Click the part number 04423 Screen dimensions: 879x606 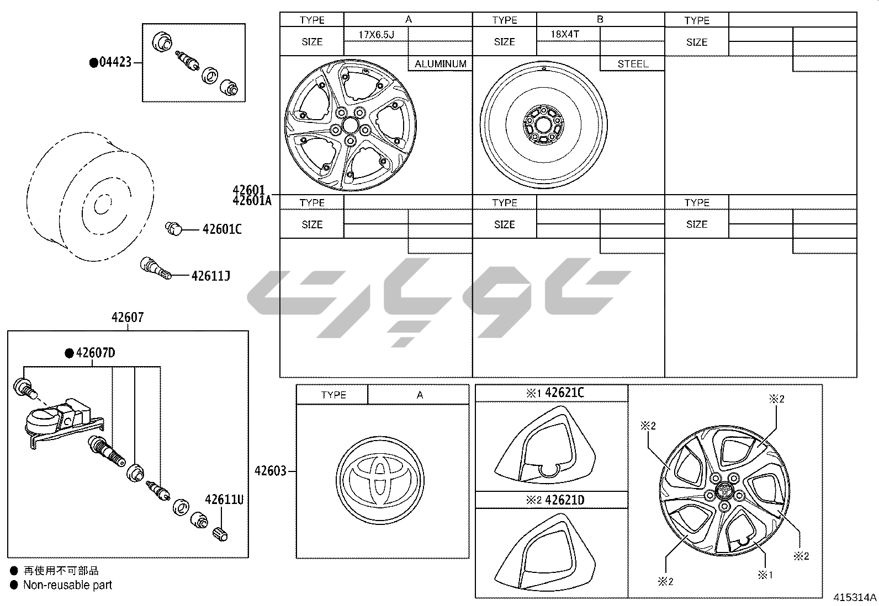[x=115, y=62]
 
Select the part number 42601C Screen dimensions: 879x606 [x=222, y=229]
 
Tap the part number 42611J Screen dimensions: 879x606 [x=211, y=276]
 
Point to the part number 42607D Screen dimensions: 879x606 [x=96, y=353]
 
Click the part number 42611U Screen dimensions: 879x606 [x=224, y=500]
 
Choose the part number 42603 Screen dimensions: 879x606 [x=271, y=471]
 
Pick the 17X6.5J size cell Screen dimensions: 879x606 [x=376, y=35]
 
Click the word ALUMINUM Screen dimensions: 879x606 [x=440, y=64]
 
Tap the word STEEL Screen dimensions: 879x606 [x=633, y=64]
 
